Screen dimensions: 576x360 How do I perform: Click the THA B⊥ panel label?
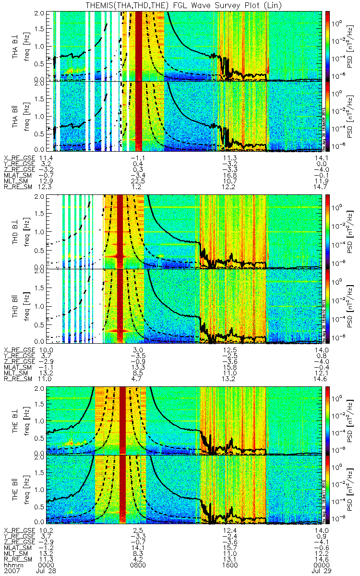[x=16, y=45]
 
